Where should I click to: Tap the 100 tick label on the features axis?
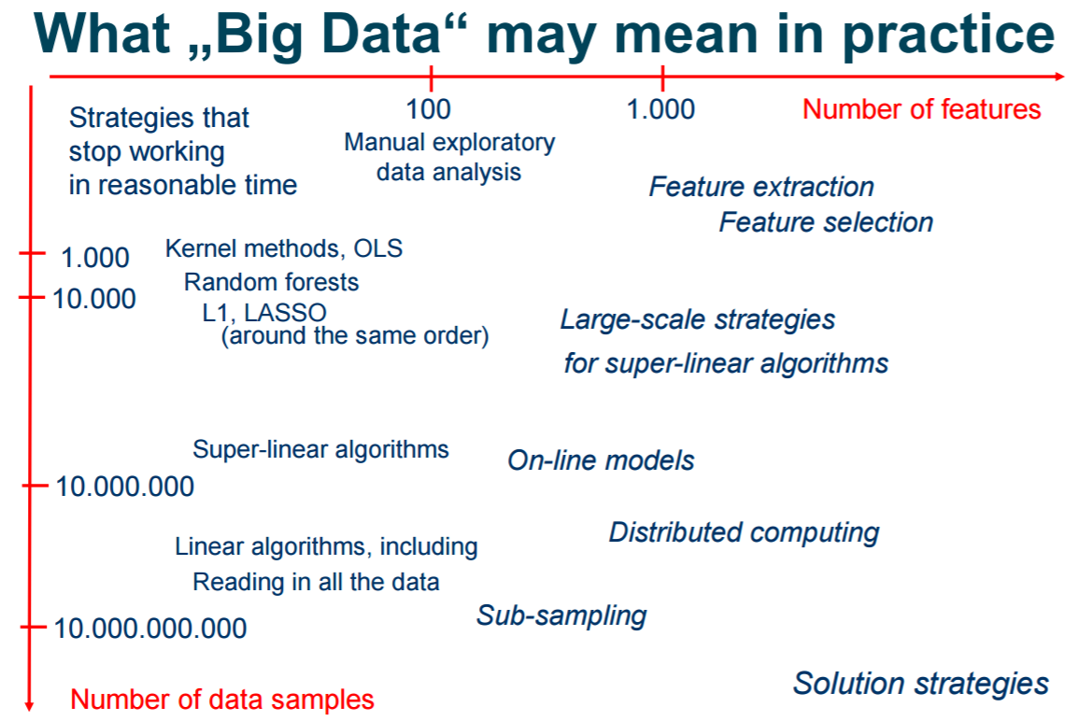(429, 109)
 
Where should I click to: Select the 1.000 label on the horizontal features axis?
(660, 109)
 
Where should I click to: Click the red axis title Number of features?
(921, 109)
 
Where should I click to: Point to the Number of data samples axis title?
(222, 700)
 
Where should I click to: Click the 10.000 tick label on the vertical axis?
(94, 299)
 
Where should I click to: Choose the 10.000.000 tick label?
(124, 487)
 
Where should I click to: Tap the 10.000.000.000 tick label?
(150, 629)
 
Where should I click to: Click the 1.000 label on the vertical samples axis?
(95, 258)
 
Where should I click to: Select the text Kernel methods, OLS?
(284, 248)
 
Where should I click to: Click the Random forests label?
(271, 282)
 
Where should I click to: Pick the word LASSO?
(285, 313)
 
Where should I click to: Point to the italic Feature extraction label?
(761, 187)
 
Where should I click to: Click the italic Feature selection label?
(826, 222)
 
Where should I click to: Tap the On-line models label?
(601, 460)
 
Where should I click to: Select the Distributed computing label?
(744, 533)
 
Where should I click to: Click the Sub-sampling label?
(561, 616)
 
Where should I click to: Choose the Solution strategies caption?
(920, 685)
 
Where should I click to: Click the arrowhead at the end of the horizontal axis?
(1059, 77)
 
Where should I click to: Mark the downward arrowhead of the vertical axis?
(30, 706)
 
